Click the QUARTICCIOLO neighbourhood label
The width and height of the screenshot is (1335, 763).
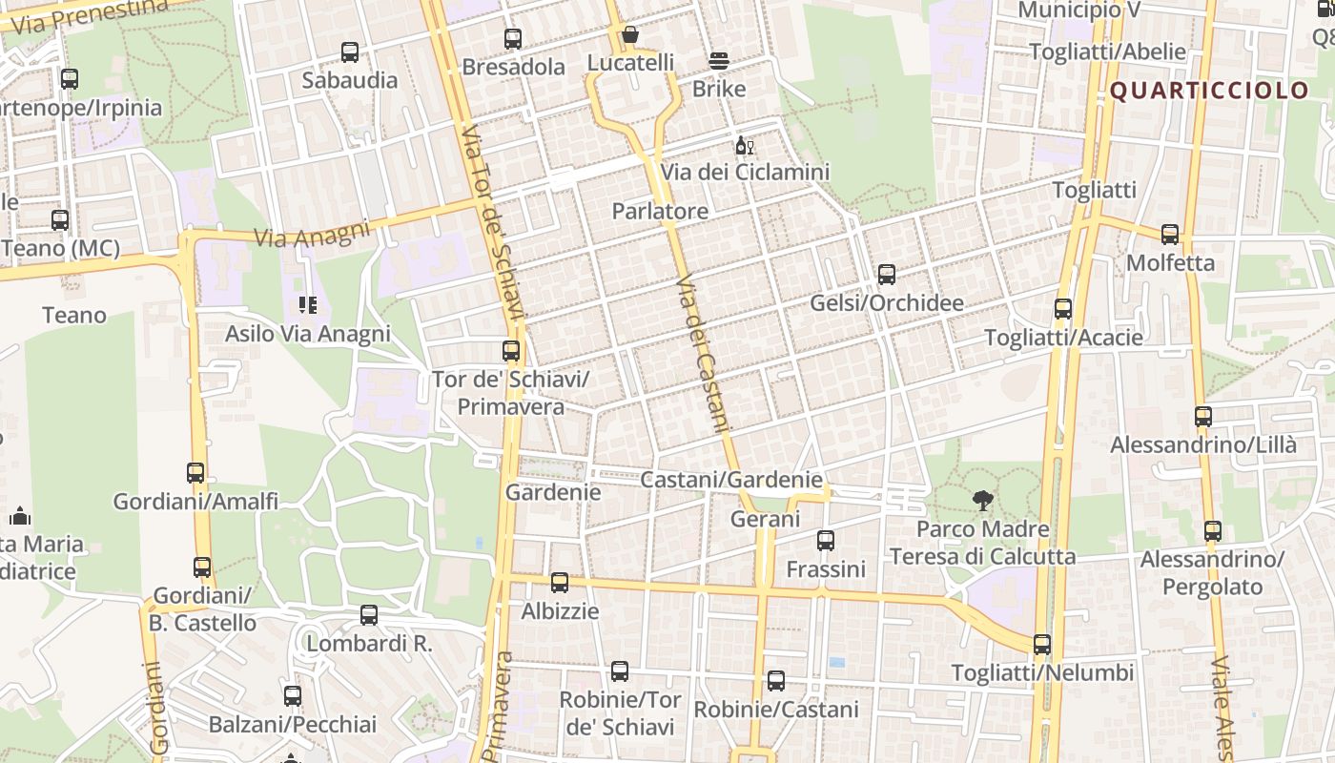tap(1209, 91)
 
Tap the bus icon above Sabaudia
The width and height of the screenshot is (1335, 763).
tap(350, 52)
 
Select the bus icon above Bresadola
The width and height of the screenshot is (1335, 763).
tap(513, 39)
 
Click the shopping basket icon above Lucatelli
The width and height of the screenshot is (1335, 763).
tap(629, 35)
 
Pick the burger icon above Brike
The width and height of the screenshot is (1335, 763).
tap(719, 61)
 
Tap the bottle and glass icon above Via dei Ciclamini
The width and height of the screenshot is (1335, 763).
tap(744, 146)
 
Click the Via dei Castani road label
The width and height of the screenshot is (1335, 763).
tap(703, 355)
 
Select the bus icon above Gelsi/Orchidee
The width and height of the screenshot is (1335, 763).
tap(887, 276)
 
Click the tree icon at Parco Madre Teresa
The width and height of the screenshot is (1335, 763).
tap(982, 500)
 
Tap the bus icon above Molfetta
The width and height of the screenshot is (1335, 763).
tap(1170, 235)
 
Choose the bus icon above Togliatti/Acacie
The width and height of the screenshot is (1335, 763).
tap(1063, 310)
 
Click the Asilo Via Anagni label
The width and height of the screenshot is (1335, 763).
tap(307, 334)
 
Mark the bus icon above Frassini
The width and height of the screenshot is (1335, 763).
tap(826, 541)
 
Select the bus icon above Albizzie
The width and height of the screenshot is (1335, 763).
tap(560, 583)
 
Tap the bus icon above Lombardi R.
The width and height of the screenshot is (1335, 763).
tap(369, 615)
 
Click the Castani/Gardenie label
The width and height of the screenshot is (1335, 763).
tap(730, 480)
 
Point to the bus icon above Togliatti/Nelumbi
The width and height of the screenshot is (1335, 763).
tap(1042, 645)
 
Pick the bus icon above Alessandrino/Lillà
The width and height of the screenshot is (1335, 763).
tap(1203, 417)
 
